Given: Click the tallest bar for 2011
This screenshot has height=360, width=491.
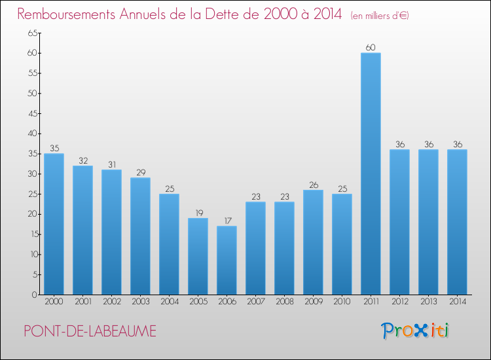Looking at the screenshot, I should tap(371, 173).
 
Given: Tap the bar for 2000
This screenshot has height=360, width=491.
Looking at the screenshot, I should tap(54, 224).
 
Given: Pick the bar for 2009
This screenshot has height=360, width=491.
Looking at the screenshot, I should tap(313, 242).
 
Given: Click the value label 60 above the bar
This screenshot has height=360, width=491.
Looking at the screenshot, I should tap(371, 47).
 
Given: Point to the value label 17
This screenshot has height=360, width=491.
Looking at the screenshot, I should tap(227, 221).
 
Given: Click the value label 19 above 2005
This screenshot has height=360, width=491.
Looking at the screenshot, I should tap(198, 213).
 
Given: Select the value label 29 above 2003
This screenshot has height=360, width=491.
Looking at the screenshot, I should tap(140, 172).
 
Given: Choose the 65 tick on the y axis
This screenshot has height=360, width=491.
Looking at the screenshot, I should tap(32, 33).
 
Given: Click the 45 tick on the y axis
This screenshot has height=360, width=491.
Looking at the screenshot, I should tap(32, 113).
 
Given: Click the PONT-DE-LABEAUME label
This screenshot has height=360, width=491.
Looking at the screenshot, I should tap(90, 331).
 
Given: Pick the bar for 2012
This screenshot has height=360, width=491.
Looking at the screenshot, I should tap(399, 222).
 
